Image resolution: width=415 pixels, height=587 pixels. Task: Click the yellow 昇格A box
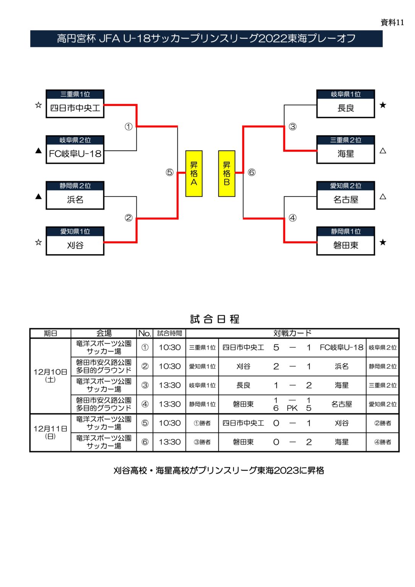[194, 174]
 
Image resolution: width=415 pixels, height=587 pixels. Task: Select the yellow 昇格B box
[227, 174]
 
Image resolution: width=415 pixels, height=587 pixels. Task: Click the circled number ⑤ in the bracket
[169, 172]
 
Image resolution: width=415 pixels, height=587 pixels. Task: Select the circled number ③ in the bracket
[292, 126]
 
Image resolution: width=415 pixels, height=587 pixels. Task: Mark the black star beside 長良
[383, 105]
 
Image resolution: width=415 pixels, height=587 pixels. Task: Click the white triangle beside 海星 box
[383, 151]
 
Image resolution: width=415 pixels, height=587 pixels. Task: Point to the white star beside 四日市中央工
[38, 105]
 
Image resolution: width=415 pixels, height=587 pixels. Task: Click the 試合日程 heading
[215, 319]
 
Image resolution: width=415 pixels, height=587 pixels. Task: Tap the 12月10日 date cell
[50, 375]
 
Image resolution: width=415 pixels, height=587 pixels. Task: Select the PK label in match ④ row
[292, 408]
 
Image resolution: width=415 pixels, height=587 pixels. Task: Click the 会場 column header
[104, 333]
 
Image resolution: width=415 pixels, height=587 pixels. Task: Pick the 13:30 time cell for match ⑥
[170, 442]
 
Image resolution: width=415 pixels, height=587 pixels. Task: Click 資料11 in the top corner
[392, 23]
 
